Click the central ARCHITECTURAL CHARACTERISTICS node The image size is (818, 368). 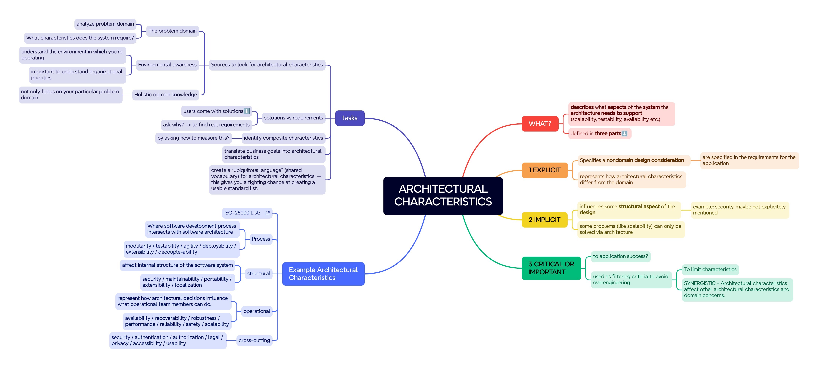[x=443, y=196]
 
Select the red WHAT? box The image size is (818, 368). [x=540, y=124]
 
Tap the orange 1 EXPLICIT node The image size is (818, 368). [x=545, y=170]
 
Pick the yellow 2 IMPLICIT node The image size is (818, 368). [x=544, y=220]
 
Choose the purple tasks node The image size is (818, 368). [x=350, y=118]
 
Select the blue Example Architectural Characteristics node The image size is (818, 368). [x=323, y=274]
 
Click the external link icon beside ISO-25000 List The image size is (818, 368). [x=267, y=213]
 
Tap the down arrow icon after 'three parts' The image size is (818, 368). [x=624, y=133]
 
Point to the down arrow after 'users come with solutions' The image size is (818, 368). [x=246, y=111]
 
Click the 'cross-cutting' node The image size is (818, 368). [x=254, y=340]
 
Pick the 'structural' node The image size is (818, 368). [x=258, y=273]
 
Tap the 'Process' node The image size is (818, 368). [x=261, y=239]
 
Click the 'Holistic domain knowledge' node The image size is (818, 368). [x=165, y=94]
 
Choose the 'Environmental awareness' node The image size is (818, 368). [x=167, y=65]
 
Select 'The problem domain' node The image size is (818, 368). [x=172, y=31]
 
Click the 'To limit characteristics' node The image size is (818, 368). [x=710, y=269]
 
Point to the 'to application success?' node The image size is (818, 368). [x=620, y=256]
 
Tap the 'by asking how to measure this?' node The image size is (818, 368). [x=193, y=138]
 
